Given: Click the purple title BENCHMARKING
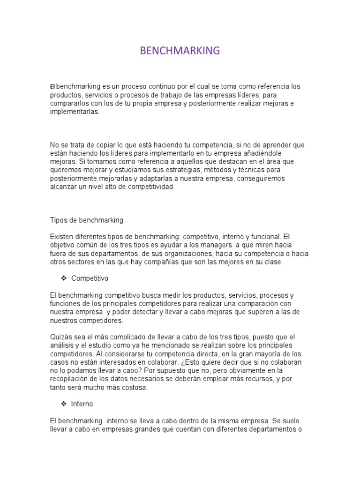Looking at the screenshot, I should [180, 51].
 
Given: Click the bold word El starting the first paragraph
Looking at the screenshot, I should [52, 87].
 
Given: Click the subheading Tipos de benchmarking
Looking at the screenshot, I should [86, 220].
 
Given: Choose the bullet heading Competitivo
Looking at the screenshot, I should [90, 278].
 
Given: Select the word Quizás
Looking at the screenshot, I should [61, 337].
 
